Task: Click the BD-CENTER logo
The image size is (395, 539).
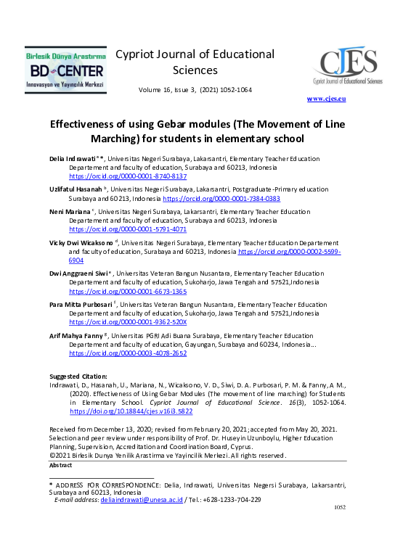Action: pyautogui.click(x=65, y=70)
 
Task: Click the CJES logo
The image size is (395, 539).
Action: pyautogui.click(x=345, y=65)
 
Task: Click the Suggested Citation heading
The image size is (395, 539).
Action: pyautogui.click(x=78, y=376)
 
